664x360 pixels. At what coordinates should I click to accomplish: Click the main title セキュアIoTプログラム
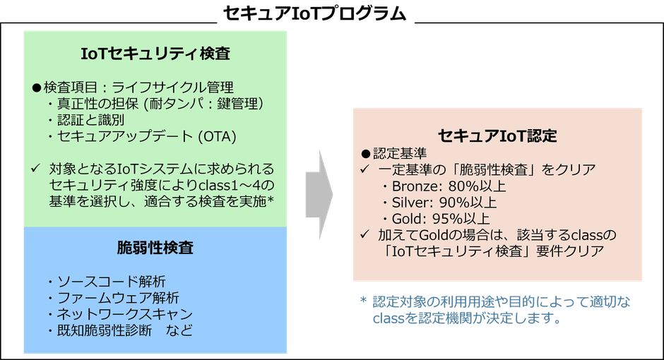pyautogui.click(x=314, y=13)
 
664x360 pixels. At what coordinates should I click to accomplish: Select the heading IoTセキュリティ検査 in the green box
pyautogui.click(x=155, y=54)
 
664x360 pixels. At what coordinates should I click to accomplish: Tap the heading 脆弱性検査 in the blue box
pyautogui.click(x=155, y=248)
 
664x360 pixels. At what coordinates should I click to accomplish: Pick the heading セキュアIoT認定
pyautogui.click(x=497, y=136)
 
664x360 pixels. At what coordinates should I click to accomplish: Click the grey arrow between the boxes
pyautogui.click(x=319, y=195)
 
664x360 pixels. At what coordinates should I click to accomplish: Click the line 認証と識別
pyautogui.click(x=90, y=120)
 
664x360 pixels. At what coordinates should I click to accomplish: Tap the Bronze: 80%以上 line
pyautogui.click(x=449, y=186)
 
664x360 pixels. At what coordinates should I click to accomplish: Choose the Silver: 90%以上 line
pyautogui.click(x=444, y=202)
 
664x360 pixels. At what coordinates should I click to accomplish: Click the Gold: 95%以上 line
pyautogui.click(x=441, y=219)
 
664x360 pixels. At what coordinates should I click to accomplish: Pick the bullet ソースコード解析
pyautogui.click(x=112, y=282)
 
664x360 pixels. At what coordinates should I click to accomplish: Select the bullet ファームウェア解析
pyautogui.click(x=118, y=298)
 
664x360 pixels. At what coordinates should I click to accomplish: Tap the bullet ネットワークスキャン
pyautogui.click(x=125, y=314)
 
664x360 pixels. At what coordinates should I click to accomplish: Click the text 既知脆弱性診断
pyautogui.click(x=104, y=330)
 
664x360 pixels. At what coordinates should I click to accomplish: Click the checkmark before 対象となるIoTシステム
pyautogui.click(x=35, y=169)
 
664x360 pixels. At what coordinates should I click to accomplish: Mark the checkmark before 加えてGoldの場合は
pyautogui.click(x=364, y=234)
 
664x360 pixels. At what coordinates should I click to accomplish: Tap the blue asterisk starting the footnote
pyautogui.click(x=363, y=300)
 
